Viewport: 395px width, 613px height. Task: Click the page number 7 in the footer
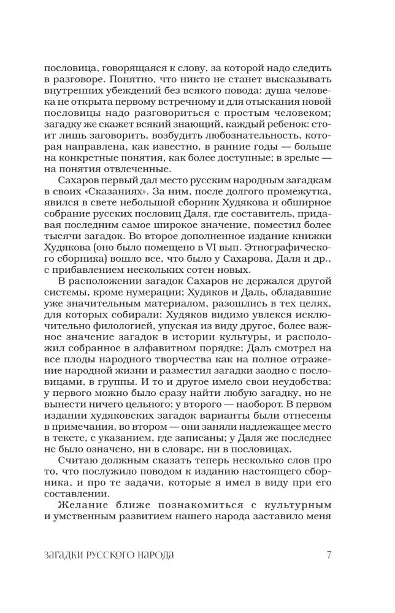(329, 555)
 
